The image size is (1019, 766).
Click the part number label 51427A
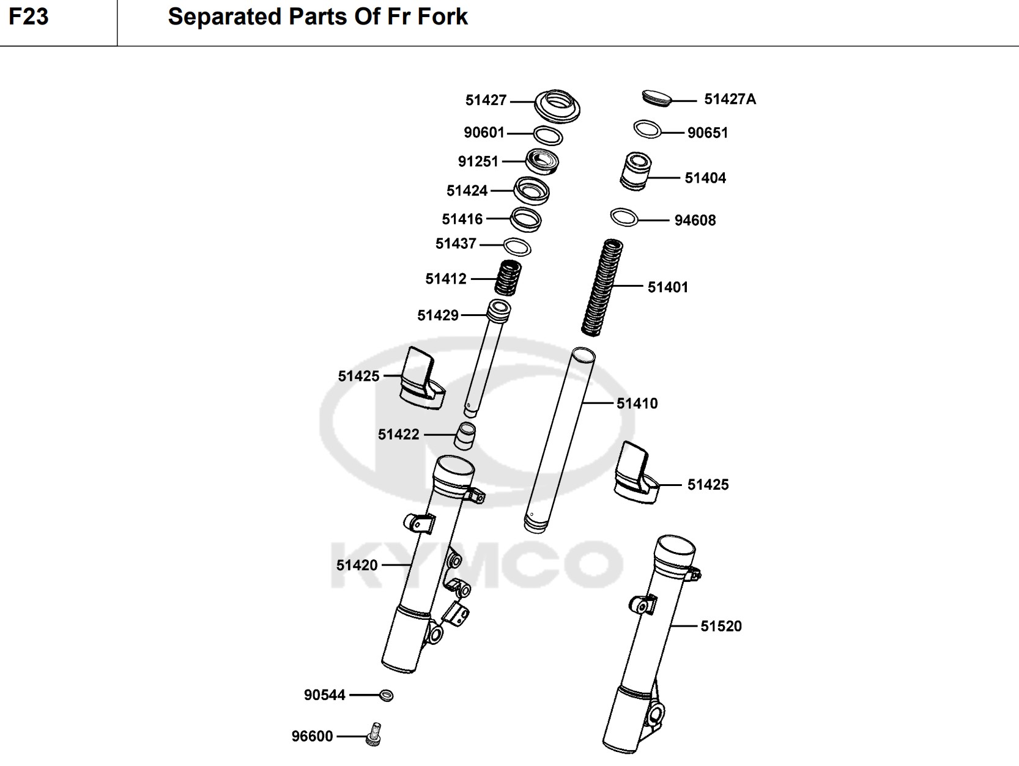tap(730, 99)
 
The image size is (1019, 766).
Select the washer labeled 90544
tap(387, 695)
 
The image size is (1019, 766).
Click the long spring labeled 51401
tap(601, 287)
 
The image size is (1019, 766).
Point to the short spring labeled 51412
tap(508, 278)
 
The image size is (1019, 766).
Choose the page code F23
tap(28, 17)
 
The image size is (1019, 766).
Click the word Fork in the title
tap(442, 17)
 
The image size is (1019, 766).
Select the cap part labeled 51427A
tap(657, 97)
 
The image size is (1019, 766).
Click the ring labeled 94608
tap(624, 216)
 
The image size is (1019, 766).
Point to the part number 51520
tap(721, 626)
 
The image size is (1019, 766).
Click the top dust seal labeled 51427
tap(557, 105)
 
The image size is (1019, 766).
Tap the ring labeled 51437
tap(517, 246)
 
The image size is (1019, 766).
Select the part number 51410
tap(637, 403)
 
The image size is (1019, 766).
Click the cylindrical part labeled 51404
tap(636, 171)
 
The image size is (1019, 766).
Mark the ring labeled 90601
tap(548, 135)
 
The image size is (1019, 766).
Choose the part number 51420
tap(357, 565)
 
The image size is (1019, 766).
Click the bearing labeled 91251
tap(542, 162)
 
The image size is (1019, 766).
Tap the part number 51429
tap(437, 315)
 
